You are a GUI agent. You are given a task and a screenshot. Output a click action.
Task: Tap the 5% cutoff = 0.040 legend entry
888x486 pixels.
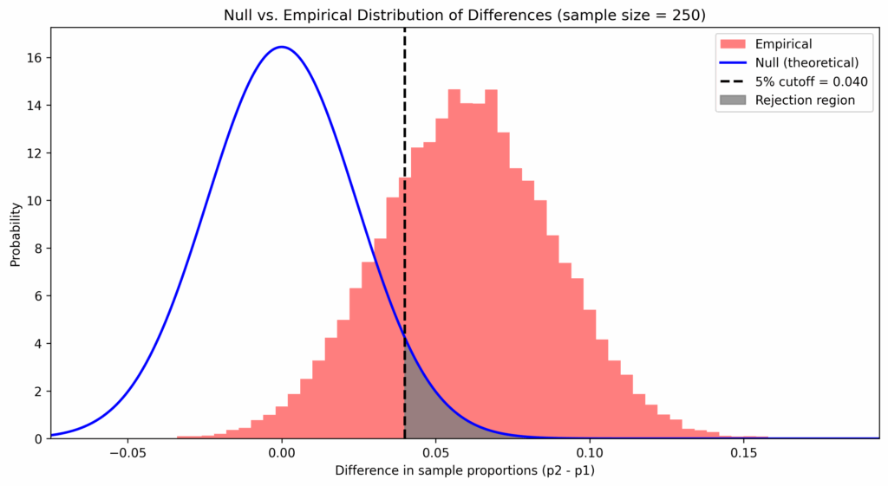[x=811, y=81]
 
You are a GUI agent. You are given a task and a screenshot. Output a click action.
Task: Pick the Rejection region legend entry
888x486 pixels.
[x=804, y=100]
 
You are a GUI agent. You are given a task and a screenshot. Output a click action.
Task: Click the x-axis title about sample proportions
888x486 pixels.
[x=465, y=471]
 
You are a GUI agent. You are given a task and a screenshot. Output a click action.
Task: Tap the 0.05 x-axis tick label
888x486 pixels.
[x=435, y=453]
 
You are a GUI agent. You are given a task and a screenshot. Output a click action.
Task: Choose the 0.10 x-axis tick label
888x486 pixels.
[x=589, y=453]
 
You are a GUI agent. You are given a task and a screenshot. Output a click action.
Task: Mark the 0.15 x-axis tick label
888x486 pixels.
[x=742, y=453]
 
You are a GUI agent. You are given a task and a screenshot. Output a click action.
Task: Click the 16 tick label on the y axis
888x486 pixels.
[x=36, y=58]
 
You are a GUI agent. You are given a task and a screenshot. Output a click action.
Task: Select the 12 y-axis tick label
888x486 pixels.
[x=36, y=153]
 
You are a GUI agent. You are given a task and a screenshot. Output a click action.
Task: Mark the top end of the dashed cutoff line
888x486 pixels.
[x=405, y=29]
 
